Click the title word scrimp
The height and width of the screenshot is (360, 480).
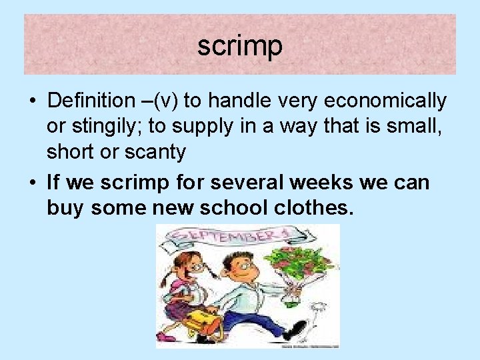[240, 46]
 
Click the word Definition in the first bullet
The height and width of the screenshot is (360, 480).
[91, 101]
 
